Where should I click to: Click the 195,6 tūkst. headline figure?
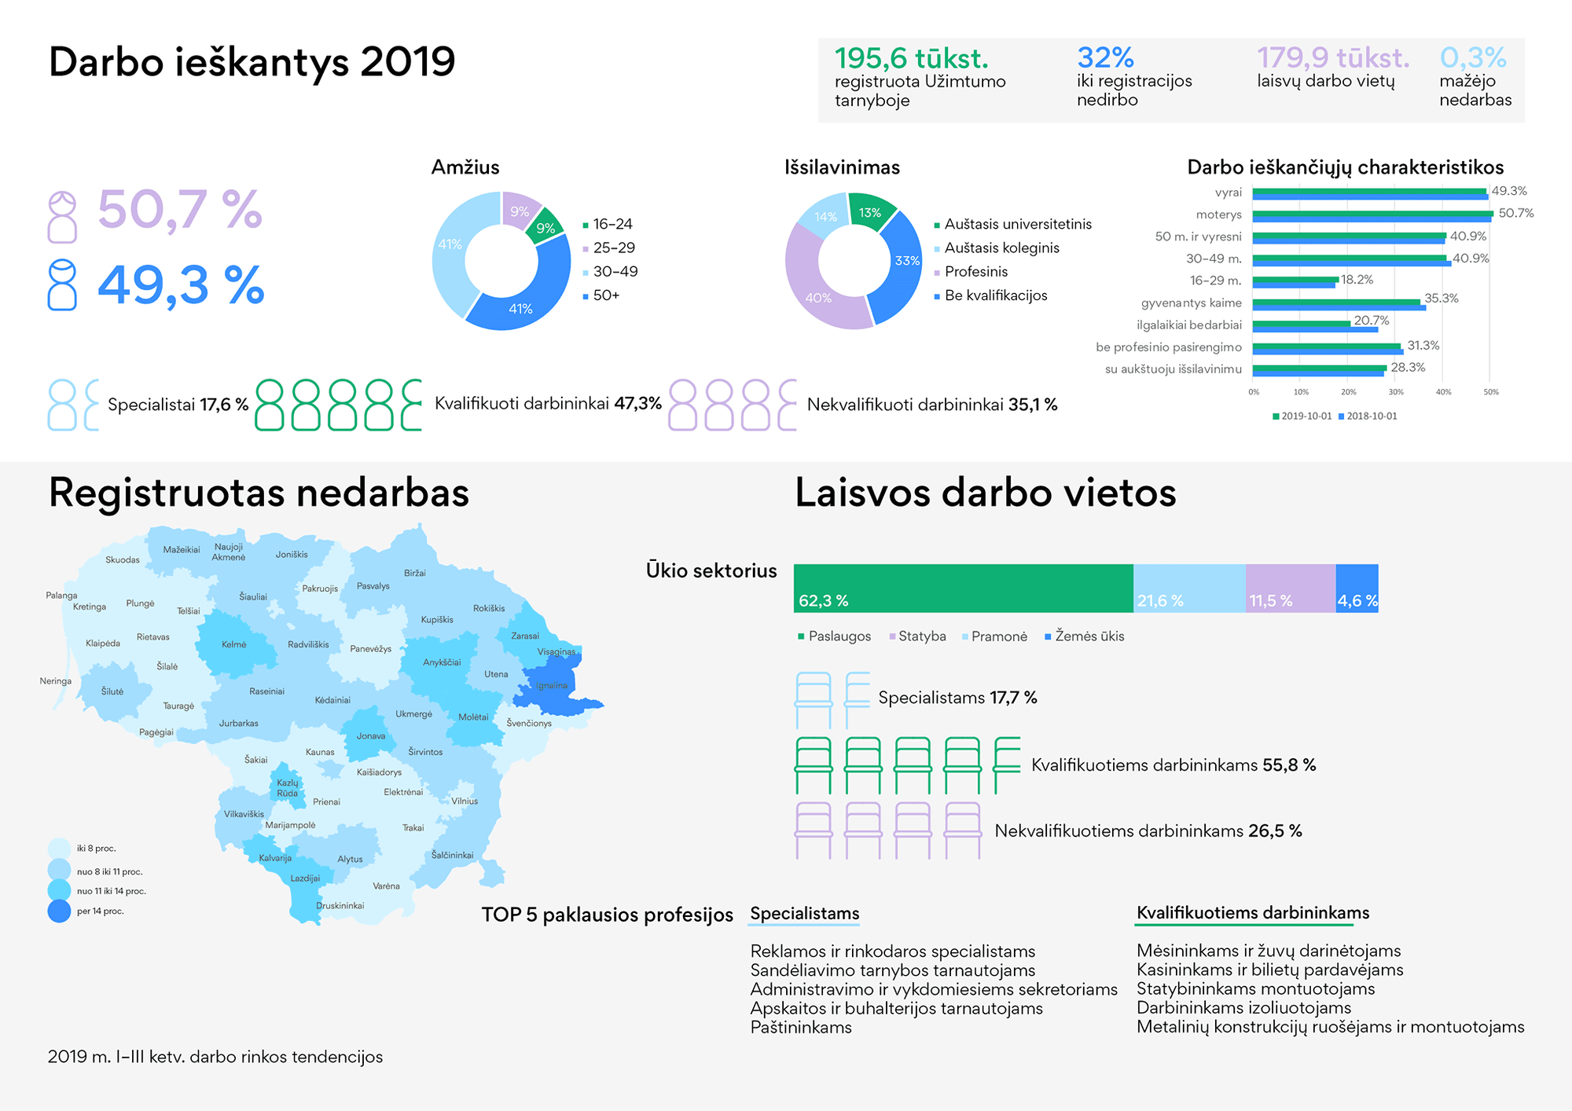[x=911, y=58]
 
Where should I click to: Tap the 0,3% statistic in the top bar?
[x=1472, y=57]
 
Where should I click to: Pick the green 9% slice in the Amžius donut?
[x=546, y=227]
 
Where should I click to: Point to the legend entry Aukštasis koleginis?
[x=1001, y=248]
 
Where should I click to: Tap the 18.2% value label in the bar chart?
[x=1357, y=280]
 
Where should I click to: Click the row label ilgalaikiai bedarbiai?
[x=1188, y=325]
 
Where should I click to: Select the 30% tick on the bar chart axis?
[x=1396, y=391]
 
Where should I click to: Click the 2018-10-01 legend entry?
[x=1371, y=416]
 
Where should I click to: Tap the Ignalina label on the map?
[x=553, y=685]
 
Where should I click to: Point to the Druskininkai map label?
[x=340, y=906]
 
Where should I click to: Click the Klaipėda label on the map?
[x=103, y=643]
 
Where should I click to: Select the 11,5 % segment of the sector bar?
[x=1290, y=588]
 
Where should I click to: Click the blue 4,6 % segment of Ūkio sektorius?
[x=1357, y=588]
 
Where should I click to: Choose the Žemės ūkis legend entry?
[x=1089, y=636]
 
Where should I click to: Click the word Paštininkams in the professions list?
[x=801, y=1028]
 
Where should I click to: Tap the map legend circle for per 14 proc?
[x=60, y=911]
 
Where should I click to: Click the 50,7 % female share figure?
[x=179, y=211]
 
